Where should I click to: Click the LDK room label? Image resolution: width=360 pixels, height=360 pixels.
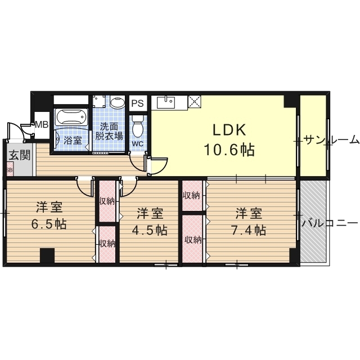229,130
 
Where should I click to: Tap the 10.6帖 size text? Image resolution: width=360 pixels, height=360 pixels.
229,150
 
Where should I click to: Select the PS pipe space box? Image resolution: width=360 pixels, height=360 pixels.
138,103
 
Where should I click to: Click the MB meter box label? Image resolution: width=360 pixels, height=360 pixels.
42,125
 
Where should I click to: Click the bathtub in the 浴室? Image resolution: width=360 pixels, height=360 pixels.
71,118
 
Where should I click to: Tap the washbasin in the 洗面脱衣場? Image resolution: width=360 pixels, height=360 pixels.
117,102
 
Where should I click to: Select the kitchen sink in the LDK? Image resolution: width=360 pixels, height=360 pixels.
166,102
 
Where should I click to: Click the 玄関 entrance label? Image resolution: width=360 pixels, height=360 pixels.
20,156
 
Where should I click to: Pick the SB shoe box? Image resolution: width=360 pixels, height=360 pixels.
10,169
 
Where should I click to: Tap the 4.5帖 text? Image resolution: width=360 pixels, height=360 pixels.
150,230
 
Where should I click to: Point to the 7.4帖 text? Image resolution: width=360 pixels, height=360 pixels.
249,230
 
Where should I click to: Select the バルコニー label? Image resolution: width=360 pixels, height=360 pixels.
330,223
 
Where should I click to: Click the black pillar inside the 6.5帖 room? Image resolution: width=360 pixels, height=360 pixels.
47,255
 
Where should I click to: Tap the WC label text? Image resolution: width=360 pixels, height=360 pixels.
138,144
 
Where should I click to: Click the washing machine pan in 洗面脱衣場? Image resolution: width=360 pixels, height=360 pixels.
100,101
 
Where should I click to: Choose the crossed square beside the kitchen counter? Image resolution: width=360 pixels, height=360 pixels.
195,101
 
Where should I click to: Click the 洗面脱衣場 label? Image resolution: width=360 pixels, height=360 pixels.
109,131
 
